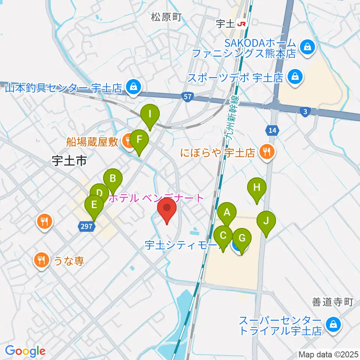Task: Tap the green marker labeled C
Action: (223, 236)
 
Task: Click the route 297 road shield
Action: (86, 225)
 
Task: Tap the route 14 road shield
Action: (272, 130)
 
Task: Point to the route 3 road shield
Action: (305, 111)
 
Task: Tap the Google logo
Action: (25, 351)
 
